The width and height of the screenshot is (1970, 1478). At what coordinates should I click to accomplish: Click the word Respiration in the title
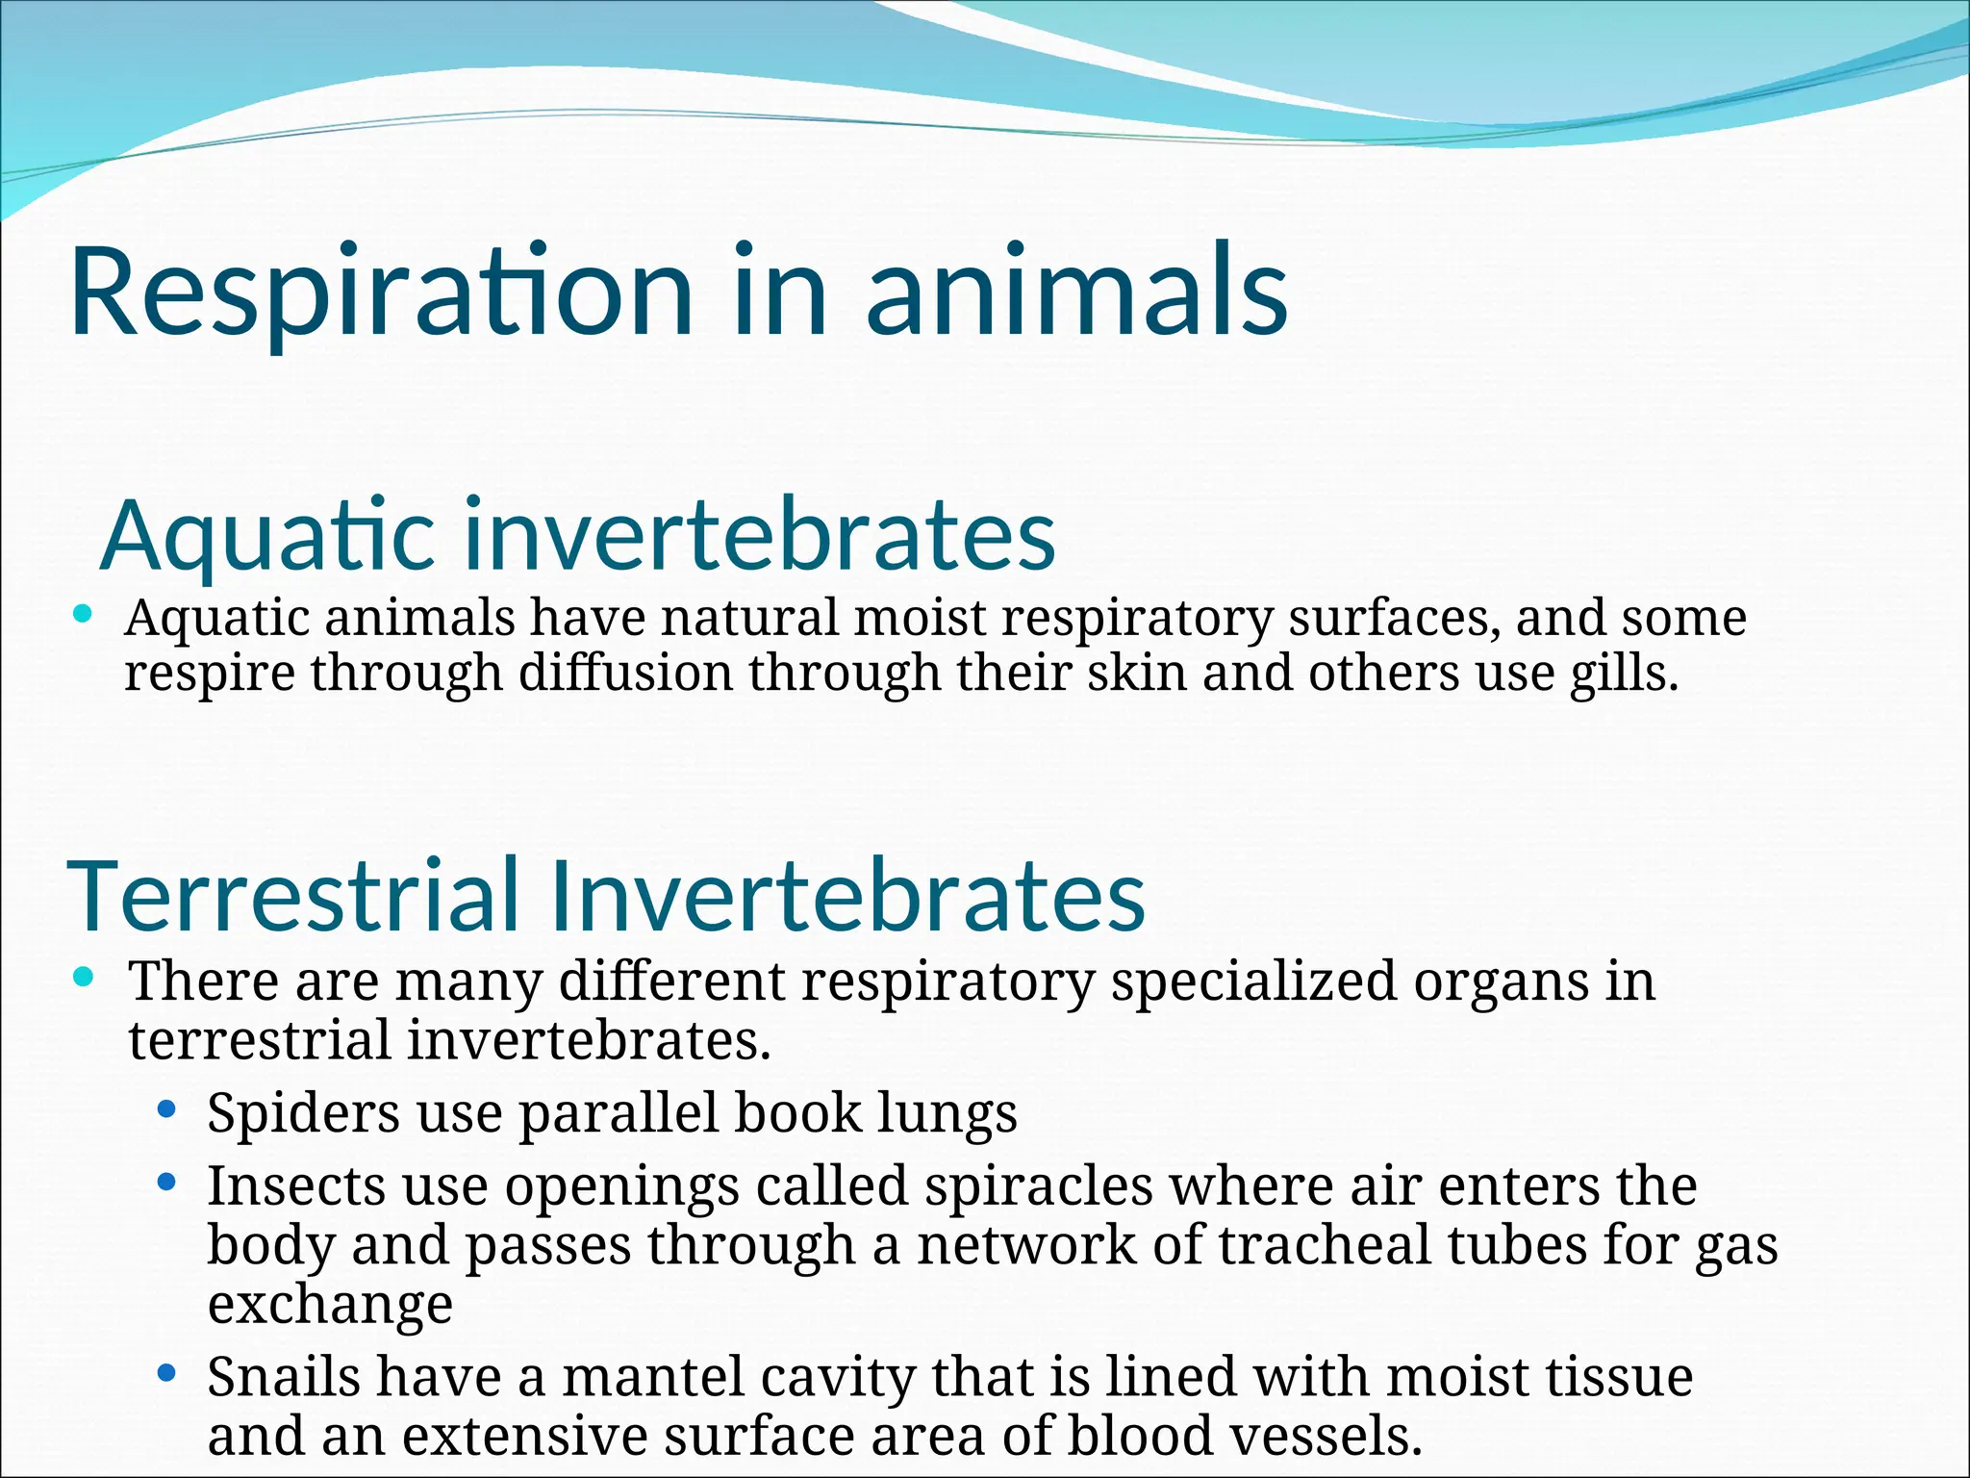pos(380,293)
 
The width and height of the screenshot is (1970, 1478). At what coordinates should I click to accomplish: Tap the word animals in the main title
pos(1076,293)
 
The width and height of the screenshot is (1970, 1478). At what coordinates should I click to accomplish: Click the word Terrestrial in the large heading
pos(293,896)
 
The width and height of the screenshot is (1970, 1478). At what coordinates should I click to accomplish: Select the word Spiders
pos(303,1112)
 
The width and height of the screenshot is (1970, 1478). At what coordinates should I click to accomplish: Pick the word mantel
pos(654,1376)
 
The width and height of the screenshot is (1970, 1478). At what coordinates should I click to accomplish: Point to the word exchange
pos(330,1305)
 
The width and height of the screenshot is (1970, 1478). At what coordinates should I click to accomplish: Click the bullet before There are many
pos(84,978)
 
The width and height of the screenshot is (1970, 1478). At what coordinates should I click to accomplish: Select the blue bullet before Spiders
pos(167,1109)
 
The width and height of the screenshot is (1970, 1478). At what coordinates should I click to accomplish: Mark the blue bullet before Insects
pos(167,1182)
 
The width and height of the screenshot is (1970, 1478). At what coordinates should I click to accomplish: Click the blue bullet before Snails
pos(167,1373)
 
